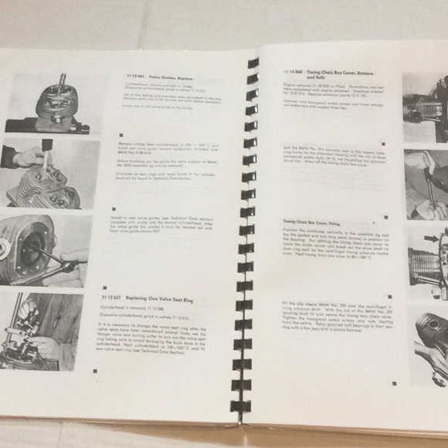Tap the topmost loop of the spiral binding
click(x=253, y=63)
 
